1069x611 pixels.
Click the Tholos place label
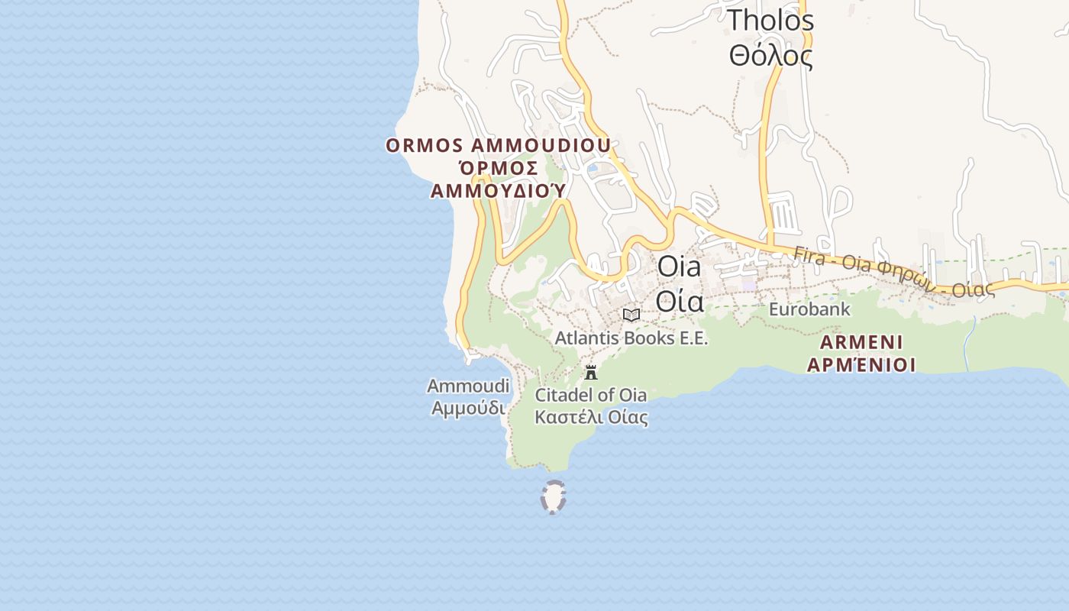(770, 21)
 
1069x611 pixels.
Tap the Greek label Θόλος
(770, 56)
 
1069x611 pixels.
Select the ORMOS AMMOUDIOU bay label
(498, 145)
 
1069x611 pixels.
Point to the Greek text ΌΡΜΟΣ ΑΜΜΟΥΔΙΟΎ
(498, 179)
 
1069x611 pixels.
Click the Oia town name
(679, 267)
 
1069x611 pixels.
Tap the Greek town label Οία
(679, 301)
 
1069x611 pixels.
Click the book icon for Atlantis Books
(631, 315)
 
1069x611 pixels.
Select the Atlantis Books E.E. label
(631, 338)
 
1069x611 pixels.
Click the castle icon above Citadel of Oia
(590, 373)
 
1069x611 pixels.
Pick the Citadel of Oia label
(590, 395)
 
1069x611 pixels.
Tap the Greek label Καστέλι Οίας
(591, 417)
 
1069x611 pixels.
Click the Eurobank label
(809, 309)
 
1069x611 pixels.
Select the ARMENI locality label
(861, 341)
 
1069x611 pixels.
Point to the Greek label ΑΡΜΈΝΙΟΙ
(861, 364)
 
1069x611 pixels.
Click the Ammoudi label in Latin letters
(468, 386)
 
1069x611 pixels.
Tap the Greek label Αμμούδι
(468, 408)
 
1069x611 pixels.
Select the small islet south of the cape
(553, 497)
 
